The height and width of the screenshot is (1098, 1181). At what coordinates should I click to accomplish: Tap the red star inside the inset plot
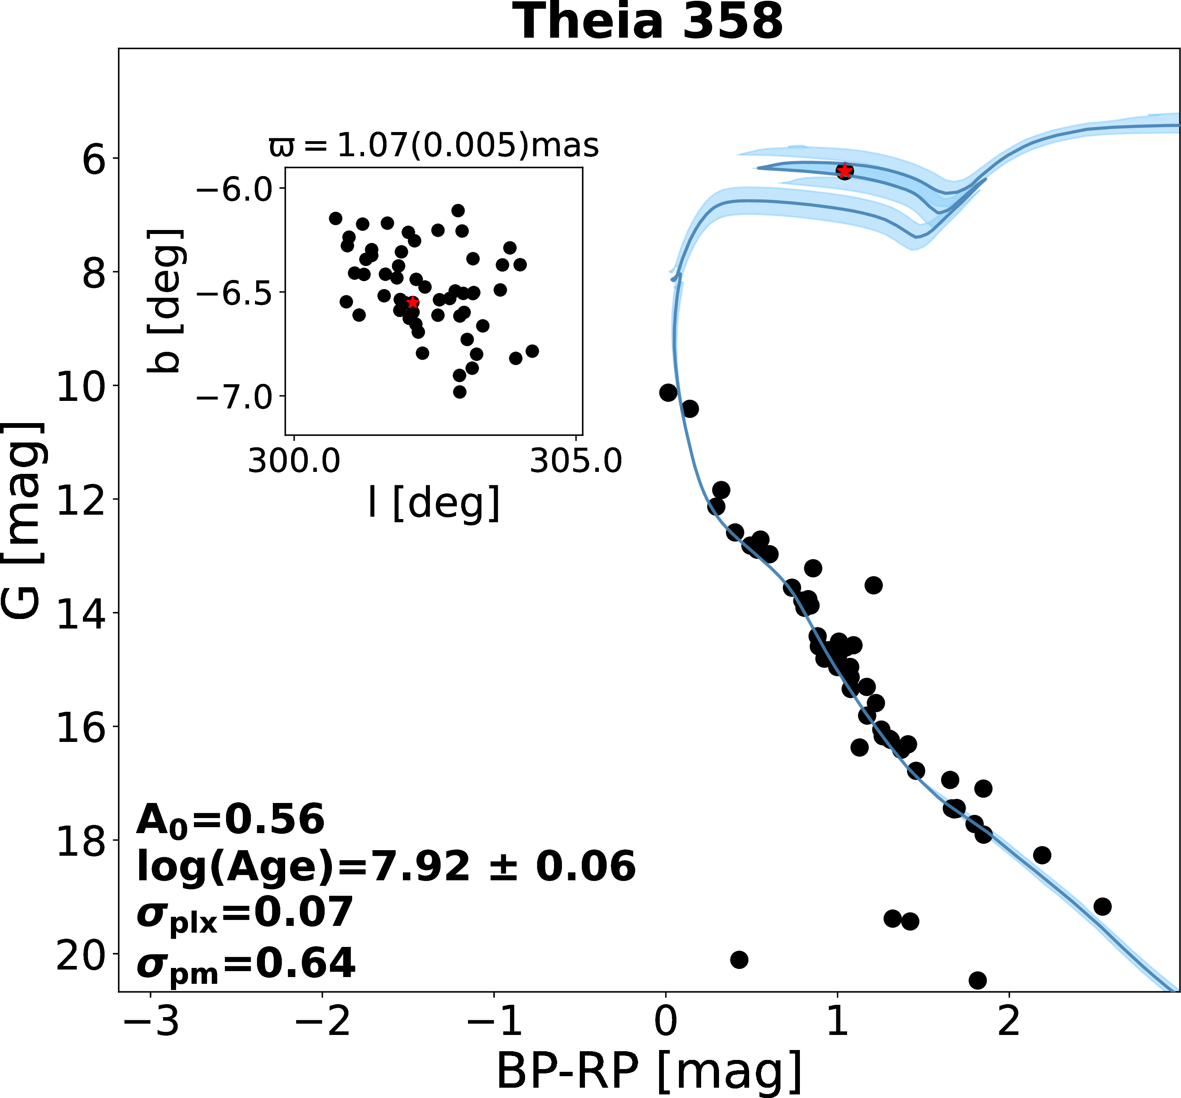412,303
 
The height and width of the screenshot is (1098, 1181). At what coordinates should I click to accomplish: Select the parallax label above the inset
434,146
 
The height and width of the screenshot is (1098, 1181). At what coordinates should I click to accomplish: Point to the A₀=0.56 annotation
230,820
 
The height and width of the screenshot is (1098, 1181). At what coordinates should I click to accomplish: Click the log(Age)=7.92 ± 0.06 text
386,866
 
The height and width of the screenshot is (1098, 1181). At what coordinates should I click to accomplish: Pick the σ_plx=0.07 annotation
245,914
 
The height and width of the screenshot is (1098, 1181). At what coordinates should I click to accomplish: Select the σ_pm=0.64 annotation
246,965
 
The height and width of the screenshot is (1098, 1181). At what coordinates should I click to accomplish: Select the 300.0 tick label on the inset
294,461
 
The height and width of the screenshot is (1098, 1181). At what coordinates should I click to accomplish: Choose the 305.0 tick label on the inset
576,461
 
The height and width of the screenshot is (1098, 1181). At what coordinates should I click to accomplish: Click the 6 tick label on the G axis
93,159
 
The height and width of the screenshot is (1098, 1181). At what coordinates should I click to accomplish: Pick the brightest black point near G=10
668,392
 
